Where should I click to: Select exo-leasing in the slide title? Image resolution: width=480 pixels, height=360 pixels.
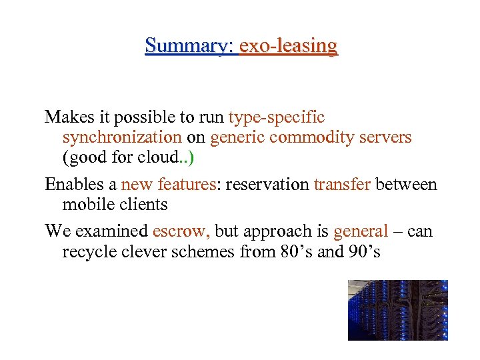click(288, 46)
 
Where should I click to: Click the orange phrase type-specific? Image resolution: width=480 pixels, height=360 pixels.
click(276, 117)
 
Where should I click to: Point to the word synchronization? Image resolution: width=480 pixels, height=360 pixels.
click(121, 137)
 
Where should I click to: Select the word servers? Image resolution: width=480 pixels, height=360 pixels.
click(388, 137)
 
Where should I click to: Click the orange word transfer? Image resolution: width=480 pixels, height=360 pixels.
click(342, 184)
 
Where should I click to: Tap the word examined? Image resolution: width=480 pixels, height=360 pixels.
click(116, 231)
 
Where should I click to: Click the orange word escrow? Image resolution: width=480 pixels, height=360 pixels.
click(180, 231)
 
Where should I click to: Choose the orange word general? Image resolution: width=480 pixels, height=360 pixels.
click(360, 231)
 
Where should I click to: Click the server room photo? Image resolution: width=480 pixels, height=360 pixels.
click(397, 310)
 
